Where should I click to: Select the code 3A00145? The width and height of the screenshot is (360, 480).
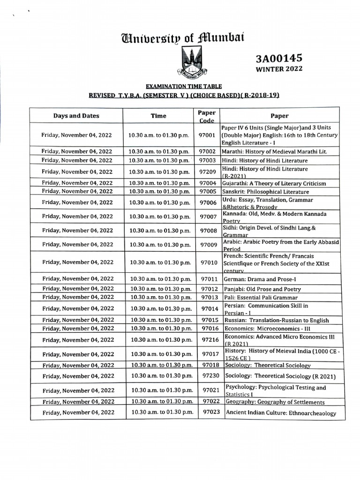(279, 58)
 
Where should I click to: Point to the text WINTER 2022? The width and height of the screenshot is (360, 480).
(279, 69)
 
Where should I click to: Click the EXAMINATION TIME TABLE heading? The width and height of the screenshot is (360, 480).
(184, 86)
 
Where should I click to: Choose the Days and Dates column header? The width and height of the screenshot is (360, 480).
(76, 116)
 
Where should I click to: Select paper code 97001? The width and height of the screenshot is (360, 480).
(207, 135)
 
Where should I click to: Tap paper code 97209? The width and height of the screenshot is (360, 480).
(207, 172)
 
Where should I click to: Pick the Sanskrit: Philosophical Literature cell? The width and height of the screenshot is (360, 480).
(265, 192)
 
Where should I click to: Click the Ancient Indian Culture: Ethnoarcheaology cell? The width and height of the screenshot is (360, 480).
(281, 413)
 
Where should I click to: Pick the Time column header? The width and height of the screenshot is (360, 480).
(158, 116)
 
